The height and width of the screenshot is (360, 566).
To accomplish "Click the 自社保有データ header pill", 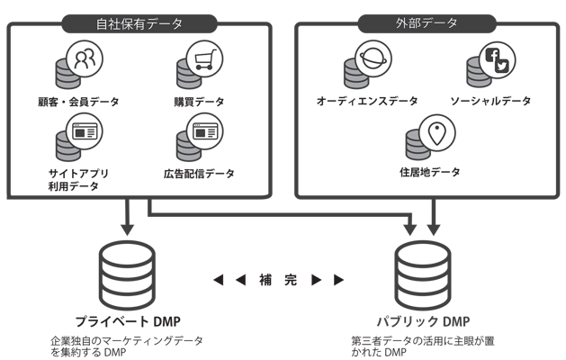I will tap(139, 23).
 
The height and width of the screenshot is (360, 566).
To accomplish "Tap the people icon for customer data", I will tap(85, 59).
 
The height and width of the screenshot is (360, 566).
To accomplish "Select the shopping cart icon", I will tap(204, 59).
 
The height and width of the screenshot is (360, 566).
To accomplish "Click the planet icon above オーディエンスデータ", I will tap(373, 58).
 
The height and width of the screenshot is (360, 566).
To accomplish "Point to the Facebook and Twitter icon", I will tap(497, 59).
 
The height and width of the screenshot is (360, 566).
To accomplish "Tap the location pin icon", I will tap(436, 132).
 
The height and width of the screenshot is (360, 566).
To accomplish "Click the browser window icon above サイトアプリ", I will tap(85, 131).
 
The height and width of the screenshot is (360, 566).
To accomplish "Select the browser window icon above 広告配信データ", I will tap(204, 131).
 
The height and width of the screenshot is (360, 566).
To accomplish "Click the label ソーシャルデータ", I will tap(490, 101).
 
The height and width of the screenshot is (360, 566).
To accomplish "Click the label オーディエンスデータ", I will tap(367, 101).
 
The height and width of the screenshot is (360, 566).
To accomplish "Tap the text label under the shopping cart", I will tap(199, 101).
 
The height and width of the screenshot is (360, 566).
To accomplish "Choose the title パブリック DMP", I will tap(423, 321).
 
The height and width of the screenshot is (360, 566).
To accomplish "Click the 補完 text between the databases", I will tap(278, 280).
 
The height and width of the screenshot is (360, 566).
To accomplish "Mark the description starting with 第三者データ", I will tap(423, 346).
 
